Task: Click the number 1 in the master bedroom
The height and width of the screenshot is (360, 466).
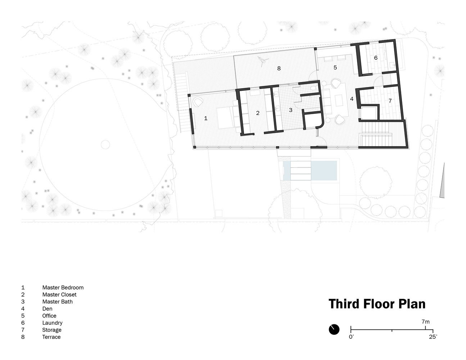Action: click(206, 118)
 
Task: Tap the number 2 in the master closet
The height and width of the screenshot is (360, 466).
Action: click(258, 113)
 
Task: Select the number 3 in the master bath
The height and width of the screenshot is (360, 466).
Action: click(291, 110)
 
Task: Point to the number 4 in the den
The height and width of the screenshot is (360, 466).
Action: click(352, 99)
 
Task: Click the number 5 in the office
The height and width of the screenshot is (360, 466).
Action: click(335, 68)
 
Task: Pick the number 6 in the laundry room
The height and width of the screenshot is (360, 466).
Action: click(376, 58)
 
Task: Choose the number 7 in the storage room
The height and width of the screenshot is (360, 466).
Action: click(390, 100)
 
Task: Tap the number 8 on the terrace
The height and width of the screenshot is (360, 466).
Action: click(279, 68)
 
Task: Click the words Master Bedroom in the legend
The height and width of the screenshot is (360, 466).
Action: click(63, 288)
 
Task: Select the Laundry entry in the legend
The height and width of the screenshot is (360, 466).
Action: click(52, 323)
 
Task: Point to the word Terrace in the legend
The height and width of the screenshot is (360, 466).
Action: click(51, 337)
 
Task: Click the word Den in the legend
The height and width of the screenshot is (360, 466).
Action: click(47, 309)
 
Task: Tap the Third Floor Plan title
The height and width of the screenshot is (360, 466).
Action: click(377, 304)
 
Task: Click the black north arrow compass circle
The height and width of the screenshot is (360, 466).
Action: click(334, 329)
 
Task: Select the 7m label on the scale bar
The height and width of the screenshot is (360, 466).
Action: click(425, 322)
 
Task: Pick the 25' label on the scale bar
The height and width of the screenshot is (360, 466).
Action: click(433, 337)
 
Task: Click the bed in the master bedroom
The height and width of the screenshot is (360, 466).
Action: click(228, 118)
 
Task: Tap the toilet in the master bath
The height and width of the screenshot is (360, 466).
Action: click(313, 88)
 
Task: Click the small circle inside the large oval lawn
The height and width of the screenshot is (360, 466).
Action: click(105, 145)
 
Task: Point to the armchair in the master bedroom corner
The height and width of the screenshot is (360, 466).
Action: click(198, 102)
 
